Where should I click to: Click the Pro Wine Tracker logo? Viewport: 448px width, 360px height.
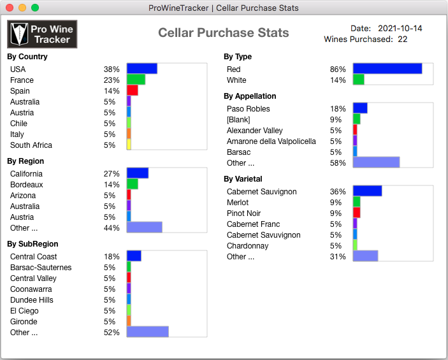[42, 34]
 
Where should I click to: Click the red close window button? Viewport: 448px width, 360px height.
[9, 8]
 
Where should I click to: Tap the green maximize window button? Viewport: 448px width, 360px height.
[34, 8]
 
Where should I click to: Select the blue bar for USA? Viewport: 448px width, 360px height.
[141, 69]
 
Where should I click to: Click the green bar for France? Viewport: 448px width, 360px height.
[136, 80]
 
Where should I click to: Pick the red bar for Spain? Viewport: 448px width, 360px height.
[132, 90]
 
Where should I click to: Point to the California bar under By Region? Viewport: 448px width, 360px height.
[137, 173]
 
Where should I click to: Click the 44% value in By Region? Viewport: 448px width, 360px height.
[112, 228]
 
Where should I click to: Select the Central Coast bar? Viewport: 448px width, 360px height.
[134, 256]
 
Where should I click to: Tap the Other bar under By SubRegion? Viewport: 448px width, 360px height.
[147, 332]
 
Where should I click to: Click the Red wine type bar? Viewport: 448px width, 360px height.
[387, 69]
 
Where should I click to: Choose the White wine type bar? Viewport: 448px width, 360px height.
[358, 80]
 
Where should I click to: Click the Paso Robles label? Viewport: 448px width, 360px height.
[248, 109]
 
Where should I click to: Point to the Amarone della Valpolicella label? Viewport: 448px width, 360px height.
[271, 141]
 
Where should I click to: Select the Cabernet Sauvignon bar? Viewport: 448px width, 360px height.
[367, 191]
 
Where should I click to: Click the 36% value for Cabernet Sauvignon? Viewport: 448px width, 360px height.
[338, 192]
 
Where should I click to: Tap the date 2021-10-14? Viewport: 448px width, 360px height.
[400, 29]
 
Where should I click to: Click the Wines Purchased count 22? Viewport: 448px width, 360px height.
[402, 40]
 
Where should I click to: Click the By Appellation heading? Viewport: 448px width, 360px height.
[250, 96]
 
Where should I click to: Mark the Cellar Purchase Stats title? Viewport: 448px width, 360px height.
[223, 33]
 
